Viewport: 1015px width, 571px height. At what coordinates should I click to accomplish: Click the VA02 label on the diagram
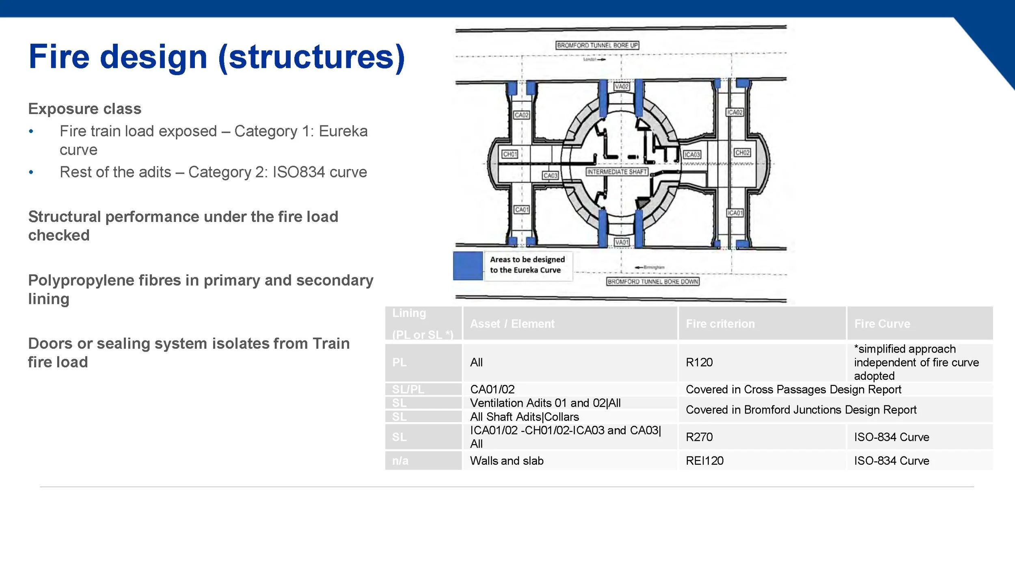point(621,86)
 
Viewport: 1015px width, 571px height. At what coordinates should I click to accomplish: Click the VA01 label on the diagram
point(621,242)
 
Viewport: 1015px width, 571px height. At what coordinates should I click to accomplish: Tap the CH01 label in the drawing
point(510,154)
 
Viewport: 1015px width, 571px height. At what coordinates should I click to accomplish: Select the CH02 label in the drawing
point(742,153)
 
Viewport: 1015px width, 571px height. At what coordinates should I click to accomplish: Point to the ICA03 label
point(692,155)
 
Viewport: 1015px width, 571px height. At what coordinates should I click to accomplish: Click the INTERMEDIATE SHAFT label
point(617,172)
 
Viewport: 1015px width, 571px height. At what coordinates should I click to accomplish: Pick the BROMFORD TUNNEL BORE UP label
point(597,45)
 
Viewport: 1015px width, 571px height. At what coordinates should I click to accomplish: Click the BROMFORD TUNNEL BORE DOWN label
point(652,281)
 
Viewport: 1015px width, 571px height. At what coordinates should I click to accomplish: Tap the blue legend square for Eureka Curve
point(468,266)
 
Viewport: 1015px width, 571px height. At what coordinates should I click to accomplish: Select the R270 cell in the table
point(699,437)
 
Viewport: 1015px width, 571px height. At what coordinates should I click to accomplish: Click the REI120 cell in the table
point(704,461)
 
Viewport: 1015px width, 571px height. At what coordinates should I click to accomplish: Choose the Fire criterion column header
point(720,323)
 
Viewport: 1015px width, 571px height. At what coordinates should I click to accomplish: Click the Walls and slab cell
point(506,461)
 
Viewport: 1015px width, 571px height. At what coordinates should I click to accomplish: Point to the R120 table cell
point(699,362)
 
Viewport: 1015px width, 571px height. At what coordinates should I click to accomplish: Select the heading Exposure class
point(84,109)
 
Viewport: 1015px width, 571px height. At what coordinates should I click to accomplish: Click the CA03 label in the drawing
point(550,175)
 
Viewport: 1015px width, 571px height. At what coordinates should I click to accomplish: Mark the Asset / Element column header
point(512,323)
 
